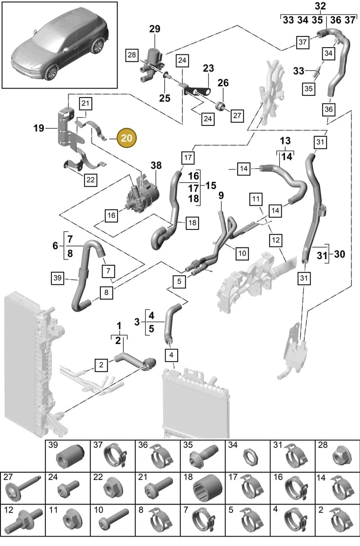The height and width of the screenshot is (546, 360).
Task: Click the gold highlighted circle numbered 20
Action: click(x=126, y=138)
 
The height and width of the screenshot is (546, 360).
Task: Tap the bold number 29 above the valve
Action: click(x=155, y=29)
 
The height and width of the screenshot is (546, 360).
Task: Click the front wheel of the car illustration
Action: click(x=51, y=72)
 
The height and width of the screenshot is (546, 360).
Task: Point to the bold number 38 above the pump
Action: click(x=156, y=166)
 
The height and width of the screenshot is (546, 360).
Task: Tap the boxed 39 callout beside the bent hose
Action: click(x=58, y=278)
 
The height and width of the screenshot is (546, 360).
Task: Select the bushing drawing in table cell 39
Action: click(x=70, y=457)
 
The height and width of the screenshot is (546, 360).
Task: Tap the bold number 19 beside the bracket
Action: click(x=39, y=128)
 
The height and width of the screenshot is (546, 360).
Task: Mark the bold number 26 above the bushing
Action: click(x=223, y=83)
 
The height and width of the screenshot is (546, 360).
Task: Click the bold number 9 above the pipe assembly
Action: click(x=221, y=196)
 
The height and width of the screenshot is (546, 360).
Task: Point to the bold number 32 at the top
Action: click(x=320, y=6)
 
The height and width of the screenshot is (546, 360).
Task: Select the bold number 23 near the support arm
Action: click(x=208, y=68)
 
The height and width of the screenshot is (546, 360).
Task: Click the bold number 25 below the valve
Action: click(x=165, y=98)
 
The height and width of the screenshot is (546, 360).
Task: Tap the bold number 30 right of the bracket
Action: click(x=339, y=254)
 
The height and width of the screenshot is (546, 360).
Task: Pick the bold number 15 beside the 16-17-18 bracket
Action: click(x=211, y=186)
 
